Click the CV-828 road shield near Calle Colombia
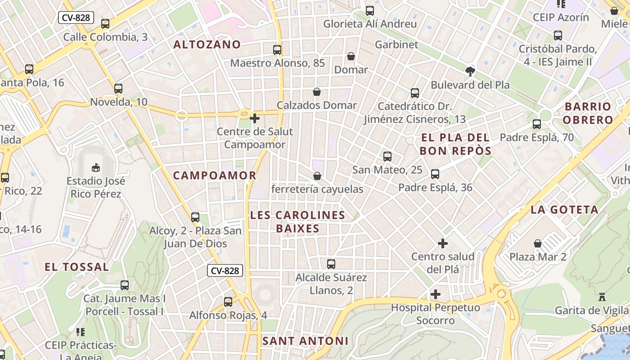pos(76,18)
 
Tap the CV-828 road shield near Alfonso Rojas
pos(225,270)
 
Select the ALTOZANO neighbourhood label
pos(207,45)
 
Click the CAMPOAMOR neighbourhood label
pos(215,175)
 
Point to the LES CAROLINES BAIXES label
pos(297,222)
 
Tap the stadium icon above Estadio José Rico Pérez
pos(95,168)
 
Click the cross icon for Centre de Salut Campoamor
pos(255,118)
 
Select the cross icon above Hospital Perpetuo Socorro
pos(435,294)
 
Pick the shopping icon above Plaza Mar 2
pos(538,243)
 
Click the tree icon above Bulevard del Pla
pos(470,71)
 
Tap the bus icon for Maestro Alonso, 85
pos(277,50)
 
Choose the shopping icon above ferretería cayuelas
pos(317,175)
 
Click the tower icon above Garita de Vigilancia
pos(602,297)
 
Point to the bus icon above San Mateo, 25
pos(387,157)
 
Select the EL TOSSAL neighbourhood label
pos(76,267)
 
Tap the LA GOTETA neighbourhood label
pos(564,210)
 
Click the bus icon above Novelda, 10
pos(118,89)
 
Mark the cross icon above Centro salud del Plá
pos(443,243)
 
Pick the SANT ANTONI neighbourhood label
pos(305,341)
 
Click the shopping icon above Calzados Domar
pos(317,92)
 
